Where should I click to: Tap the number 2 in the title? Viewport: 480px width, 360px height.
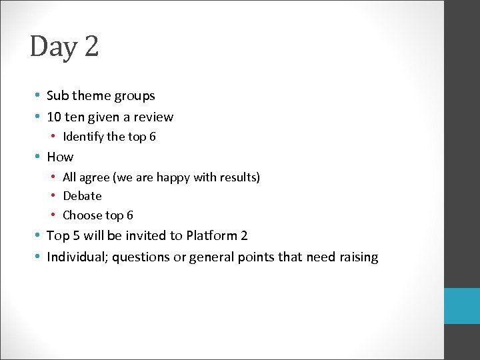(91, 47)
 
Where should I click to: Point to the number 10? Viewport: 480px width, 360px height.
(54, 117)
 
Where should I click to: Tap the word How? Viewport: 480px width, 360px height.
(60, 157)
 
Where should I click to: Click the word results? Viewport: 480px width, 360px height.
(237, 177)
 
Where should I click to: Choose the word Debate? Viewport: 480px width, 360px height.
(82, 196)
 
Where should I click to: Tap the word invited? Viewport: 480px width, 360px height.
(145, 235)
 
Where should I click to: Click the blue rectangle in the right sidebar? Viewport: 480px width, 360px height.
(462, 306)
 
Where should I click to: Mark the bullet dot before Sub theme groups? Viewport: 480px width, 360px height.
(39, 96)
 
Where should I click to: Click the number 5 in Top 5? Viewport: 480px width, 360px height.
(76, 235)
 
